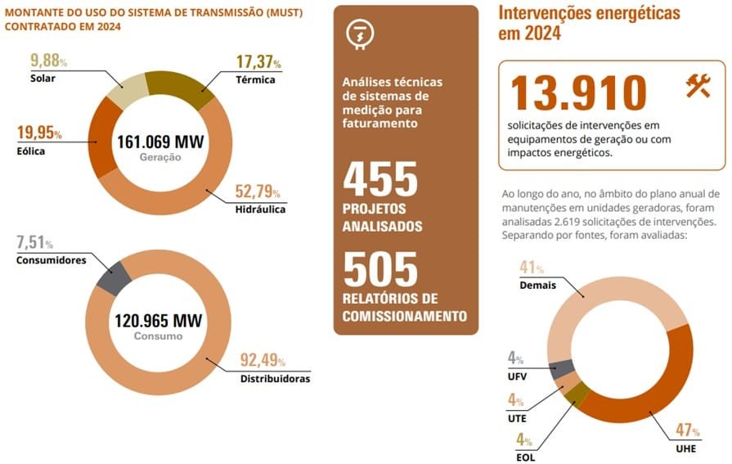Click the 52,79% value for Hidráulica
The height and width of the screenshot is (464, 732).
click(x=258, y=192)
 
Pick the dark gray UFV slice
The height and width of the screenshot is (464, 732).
click(x=562, y=369)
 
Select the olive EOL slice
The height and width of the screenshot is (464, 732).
click(x=577, y=394)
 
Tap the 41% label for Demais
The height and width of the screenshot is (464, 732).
click(x=532, y=268)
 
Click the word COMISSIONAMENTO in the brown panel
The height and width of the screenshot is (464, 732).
click(x=404, y=316)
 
